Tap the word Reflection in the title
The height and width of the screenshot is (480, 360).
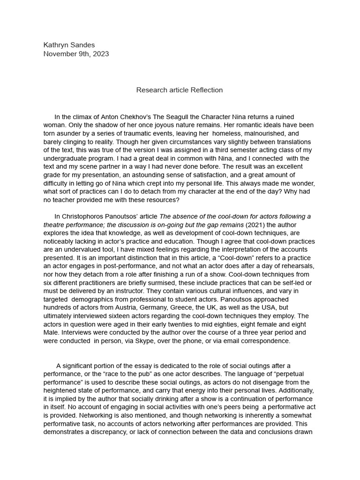click(207, 90)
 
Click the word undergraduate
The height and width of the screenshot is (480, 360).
click(67, 159)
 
